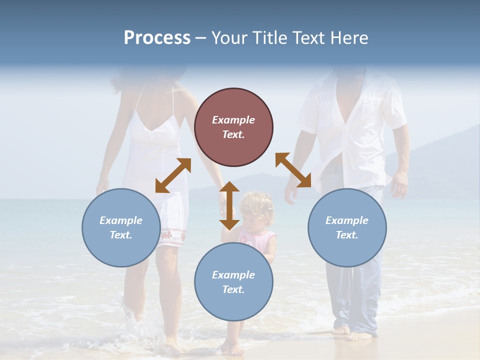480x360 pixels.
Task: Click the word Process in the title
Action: click(157, 38)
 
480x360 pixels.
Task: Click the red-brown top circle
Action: click(233, 127)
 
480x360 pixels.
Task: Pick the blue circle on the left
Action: click(121, 227)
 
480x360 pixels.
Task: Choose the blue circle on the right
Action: click(347, 227)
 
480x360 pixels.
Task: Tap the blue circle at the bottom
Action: click(233, 281)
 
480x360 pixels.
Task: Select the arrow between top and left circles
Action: click(173, 175)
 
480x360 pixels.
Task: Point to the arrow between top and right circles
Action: click(293, 170)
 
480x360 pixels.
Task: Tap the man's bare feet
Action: click(352, 332)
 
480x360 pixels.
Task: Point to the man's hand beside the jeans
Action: click(399, 184)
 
